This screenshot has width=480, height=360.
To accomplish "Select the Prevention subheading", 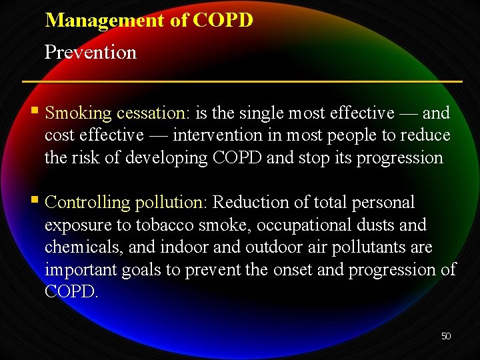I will pyautogui.click(x=90, y=52).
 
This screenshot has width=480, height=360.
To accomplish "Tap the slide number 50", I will pyautogui.click(x=446, y=336).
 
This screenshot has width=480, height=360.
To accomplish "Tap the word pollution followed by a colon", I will pyautogui.click(x=172, y=203).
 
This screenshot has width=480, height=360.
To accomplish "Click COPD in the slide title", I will pyautogui.click(x=223, y=20).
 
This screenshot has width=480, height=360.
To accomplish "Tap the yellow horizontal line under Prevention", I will pyautogui.click(x=242, y=81).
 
